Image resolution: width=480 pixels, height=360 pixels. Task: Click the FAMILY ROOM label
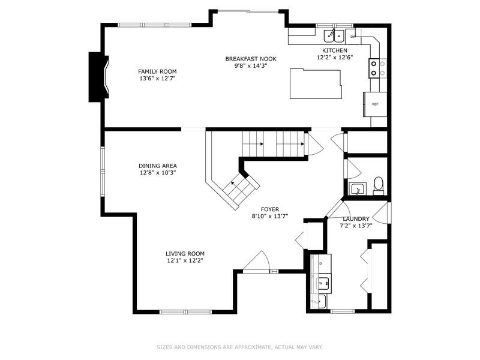[157, 71]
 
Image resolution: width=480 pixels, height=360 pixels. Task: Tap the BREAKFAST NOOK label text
[250, 58]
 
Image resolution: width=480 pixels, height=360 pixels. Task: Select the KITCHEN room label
[334, 50]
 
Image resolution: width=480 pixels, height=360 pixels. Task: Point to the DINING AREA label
[157, 166]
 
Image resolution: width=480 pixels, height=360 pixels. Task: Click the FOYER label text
[269, 209]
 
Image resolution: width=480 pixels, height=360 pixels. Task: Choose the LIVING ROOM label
[185, 253]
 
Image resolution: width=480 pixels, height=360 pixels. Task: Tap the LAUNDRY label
[356, 219]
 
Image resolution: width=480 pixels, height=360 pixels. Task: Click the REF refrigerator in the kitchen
[375, 104]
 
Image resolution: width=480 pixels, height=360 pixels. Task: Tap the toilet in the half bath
[379, 185]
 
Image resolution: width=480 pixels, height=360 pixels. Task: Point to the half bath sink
[357, 189]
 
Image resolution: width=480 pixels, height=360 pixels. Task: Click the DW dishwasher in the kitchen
[353, 36]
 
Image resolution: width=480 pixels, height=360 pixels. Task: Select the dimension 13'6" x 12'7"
[157, 78]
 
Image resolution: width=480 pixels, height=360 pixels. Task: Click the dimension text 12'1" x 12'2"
[185, 260]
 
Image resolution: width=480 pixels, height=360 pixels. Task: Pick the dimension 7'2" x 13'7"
[356, 226]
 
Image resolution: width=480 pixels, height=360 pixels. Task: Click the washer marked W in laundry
[320, 283]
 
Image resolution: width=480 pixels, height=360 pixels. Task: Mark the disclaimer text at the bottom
[240, 347]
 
